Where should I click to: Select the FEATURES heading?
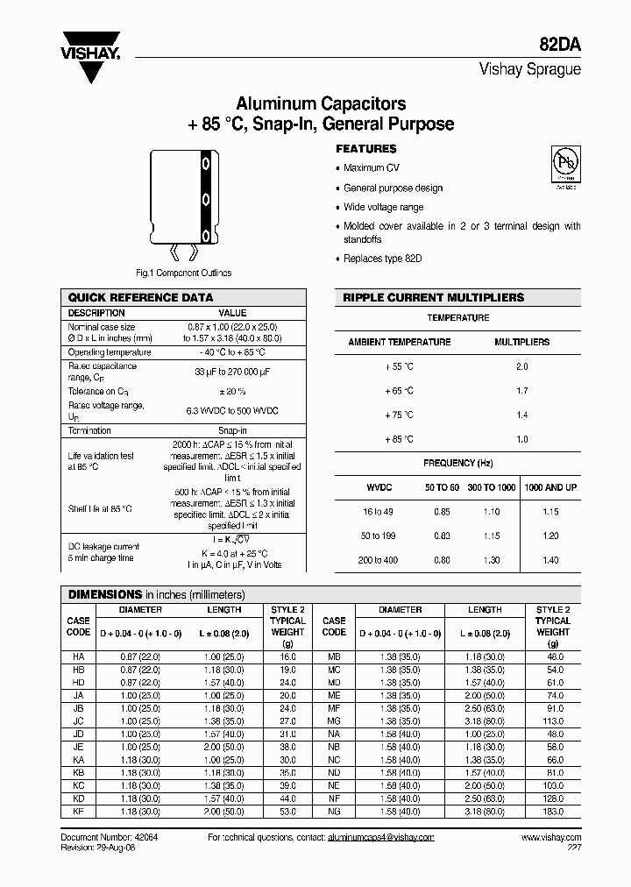366,149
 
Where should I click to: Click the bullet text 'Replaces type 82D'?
383,259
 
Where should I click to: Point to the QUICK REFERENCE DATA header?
140,297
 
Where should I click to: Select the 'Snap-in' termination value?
231,430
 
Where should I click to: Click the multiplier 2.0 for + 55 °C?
522,365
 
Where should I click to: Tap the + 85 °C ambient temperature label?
399,438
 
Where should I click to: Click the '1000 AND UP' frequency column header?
550,486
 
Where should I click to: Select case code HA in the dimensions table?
78,656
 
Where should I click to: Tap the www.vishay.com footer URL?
550,838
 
